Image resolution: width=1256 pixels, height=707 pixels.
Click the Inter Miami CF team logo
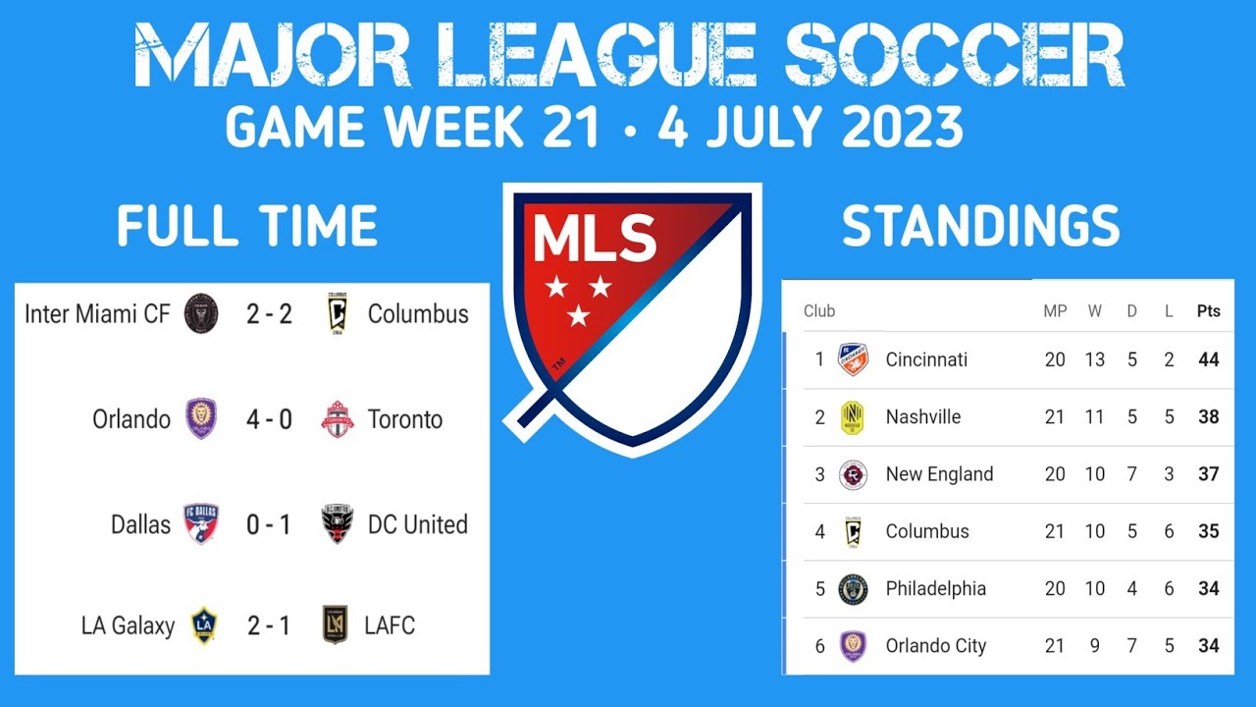click(201, 314)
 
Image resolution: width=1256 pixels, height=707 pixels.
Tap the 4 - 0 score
click(269, 419)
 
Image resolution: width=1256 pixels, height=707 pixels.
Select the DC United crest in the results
click(337, 524)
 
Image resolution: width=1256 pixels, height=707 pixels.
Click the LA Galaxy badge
click(203, 625)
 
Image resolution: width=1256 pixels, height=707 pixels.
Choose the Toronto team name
click(405, 419)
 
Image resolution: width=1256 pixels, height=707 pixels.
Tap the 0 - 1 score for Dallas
click(269, 524)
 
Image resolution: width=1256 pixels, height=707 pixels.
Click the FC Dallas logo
click(201, 524)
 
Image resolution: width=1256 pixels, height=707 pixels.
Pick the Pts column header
click(1209, 311)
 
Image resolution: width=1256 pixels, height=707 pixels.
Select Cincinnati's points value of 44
click(1209, 359)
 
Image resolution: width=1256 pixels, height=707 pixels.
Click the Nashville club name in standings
click(923, 416)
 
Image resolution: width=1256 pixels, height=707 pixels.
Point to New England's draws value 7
click(1132, 474)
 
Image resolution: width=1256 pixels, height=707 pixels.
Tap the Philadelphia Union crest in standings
click(853, 589)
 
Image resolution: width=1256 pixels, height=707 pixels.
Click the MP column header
click(1055, 311)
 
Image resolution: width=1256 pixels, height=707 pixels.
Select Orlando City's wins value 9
click(1094, 646)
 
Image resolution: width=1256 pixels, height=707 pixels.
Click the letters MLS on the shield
click(595, 239)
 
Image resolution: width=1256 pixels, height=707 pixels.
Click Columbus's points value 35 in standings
click(1209, 531)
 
